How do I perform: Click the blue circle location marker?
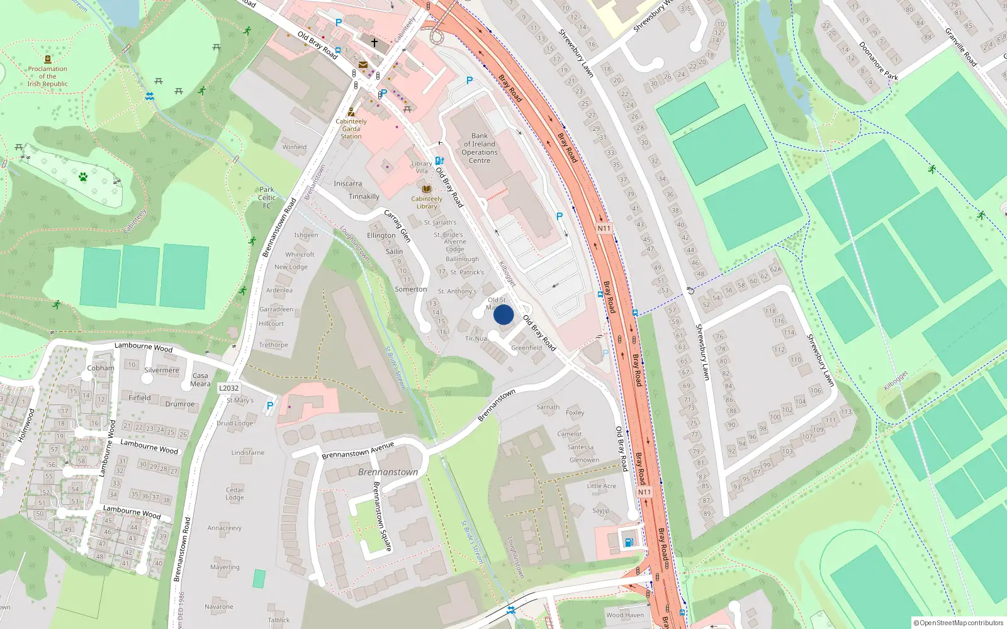pyautogui.click(x=503, y=314)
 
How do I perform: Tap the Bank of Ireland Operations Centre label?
pyautogui.click(x=480, y=148)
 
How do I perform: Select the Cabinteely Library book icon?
pyautogui.click(x=427, y=189)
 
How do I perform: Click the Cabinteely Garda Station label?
pyautogui.click(x=351, y=128)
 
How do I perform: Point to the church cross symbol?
pyautogui.click(x=374, y=43)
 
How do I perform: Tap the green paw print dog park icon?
pyautogui.click(x=83, y=177)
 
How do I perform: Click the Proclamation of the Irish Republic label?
pyautogui.click(x=47, y=76)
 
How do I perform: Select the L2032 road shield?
pyautogui.click(x=228, y=388)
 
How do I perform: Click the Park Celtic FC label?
pyautogui.click(x=267, y=198)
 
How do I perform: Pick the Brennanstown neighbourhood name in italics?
pyautogui.click(x=388, y=472)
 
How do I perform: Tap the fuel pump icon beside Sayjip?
pyautogui.click(x=628, y=542)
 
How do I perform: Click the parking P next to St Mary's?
pyautogui.click(x=270, y=406)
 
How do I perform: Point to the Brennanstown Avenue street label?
pyautogui.click(x=357, y=450)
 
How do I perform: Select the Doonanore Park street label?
pyautogui.click(x=878, y=61)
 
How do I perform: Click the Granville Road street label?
pyautogui.click(x=961, y=47)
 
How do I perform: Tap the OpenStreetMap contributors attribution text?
pyautogui.click(x=959, y=623)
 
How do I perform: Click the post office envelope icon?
pyautogui.click(x=363, y=64)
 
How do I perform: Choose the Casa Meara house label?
pyautogui.click(x=200, y=379)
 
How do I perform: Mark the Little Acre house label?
pyautogui.click(x=602, y=486)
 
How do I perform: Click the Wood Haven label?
pyautogui.click(x=625, y=615)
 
